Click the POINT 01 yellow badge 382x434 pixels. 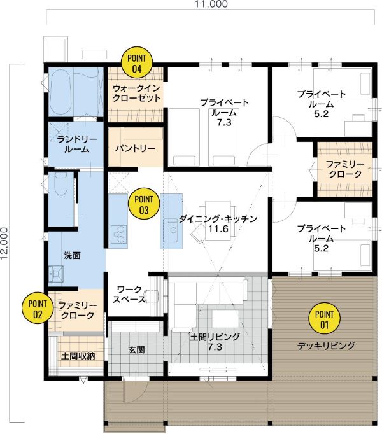click(x=324, y=319)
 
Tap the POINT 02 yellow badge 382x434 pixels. click(x=38, y=309)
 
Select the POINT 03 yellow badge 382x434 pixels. click(x=144, y=204)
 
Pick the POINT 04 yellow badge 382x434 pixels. click(x=137, y=62)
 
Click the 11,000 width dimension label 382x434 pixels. click(x=211, y=4)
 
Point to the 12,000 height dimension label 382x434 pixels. click(x=4, y=244)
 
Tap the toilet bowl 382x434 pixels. click(x=61, y=183)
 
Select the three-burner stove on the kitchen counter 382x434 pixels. click(x=119, y=235)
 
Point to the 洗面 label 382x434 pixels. click(x=73, y=255)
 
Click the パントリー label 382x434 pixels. click(x=135, y=149)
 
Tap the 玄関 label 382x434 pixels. click(x=136, y=350)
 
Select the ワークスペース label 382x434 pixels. click(x=129, y=294)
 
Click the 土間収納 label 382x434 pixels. click(x=78, y=356)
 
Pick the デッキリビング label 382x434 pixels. click(x=326, y=346)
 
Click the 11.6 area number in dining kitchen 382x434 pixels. click(x=218, y=229)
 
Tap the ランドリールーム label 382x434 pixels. click(x=77, y=144)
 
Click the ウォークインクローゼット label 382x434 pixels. click(x=137, y=94)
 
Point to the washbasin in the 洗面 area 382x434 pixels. click(x=55, y=274)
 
